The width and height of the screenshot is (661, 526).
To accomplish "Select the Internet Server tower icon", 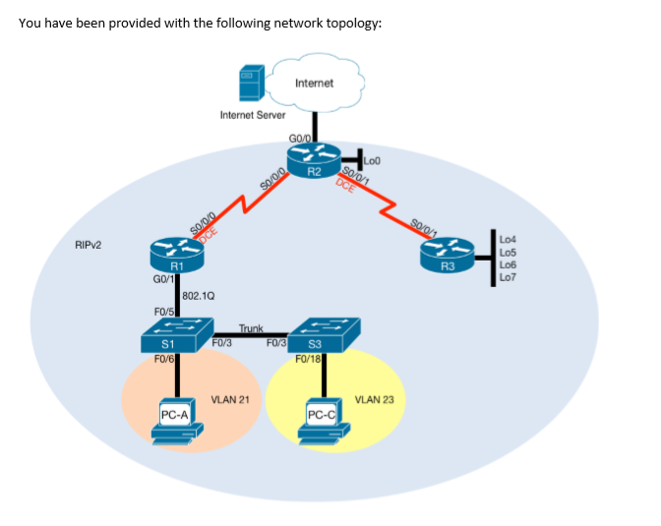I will coord(250,84).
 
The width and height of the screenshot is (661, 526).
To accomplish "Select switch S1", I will coord(170,335).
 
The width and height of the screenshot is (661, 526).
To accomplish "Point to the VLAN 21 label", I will coord(230,399).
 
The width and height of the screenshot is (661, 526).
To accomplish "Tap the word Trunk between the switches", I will coord(252,327).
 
